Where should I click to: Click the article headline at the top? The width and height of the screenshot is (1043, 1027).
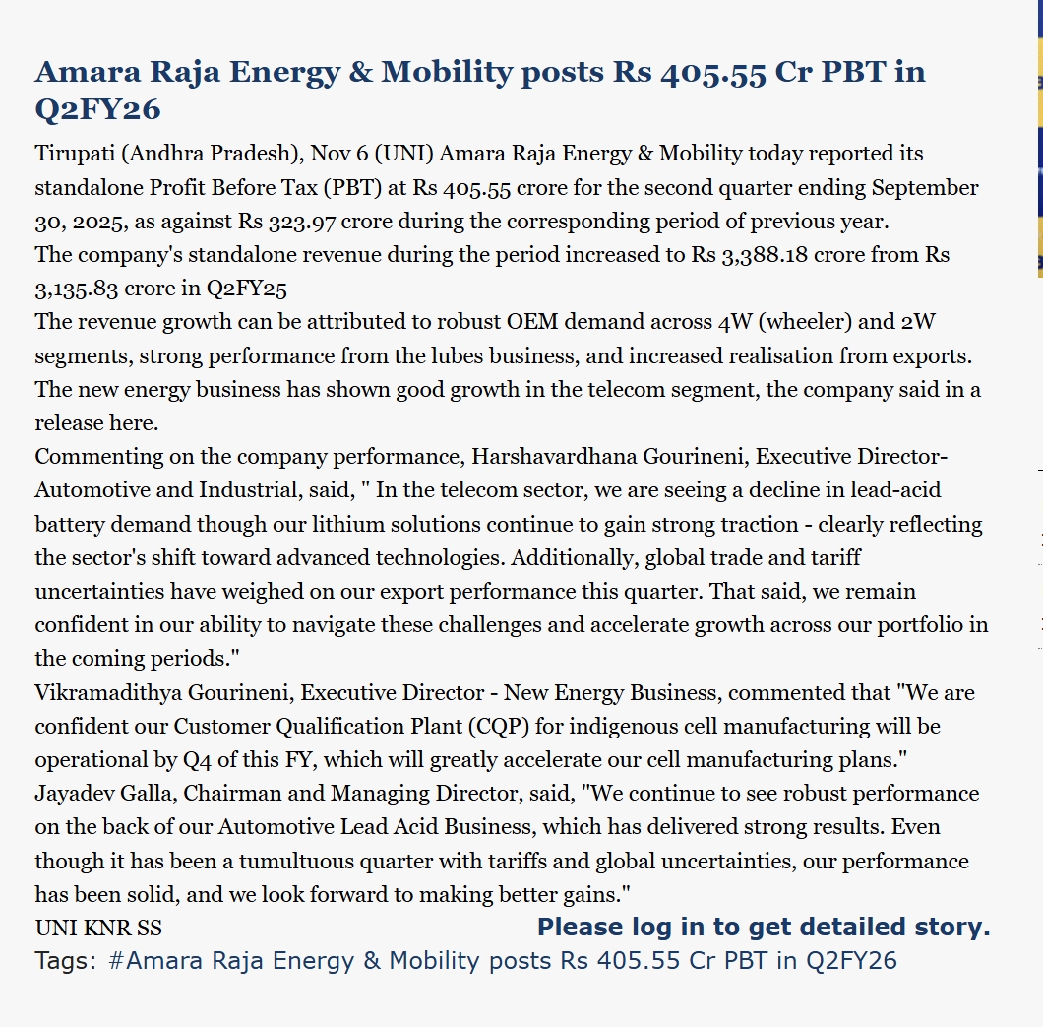[x=479, y=89]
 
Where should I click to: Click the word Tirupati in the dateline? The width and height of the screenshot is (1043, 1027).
[x=73, y=154]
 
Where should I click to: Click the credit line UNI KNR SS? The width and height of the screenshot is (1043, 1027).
[x=98, y=928]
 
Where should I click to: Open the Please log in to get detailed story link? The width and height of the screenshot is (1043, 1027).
[x=764, y=927]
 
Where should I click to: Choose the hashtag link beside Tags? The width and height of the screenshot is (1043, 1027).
[x=502, y=961]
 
